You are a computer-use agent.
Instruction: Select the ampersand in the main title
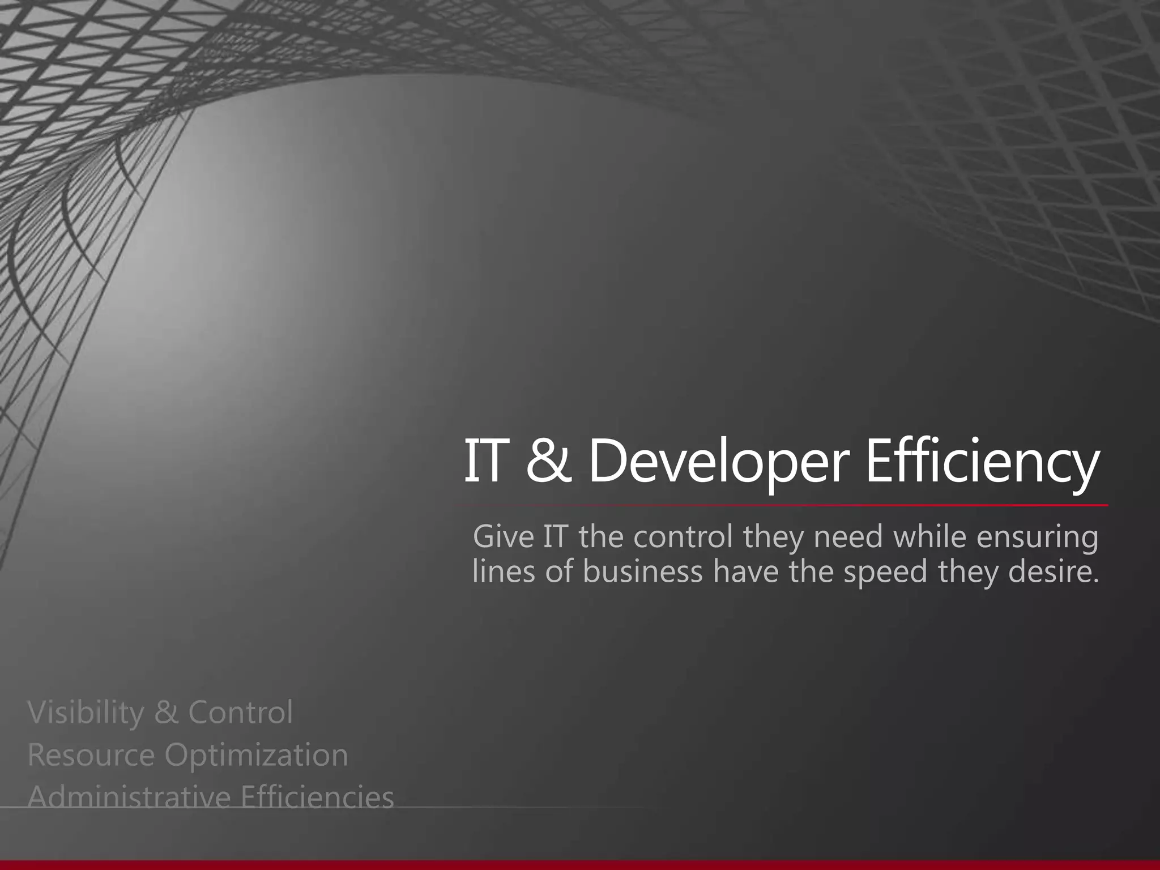point(548,462)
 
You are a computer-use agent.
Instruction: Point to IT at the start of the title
point(484,462)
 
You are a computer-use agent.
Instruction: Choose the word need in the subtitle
point(848,536)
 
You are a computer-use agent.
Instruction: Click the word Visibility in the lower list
point(86,713)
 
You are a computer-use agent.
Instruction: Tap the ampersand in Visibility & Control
point(166,713)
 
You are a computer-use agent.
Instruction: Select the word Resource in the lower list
point(91,755)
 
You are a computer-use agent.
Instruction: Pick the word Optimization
point(256,756)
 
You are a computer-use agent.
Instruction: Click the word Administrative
point(129,797)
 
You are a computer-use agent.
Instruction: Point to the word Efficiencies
point(317,797)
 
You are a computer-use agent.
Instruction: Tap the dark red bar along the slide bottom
point(580,865)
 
